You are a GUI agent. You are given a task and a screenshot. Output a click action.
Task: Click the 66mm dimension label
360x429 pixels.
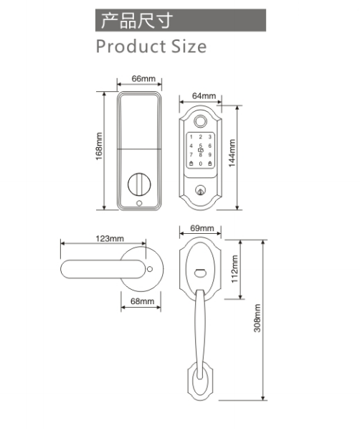click(x=143, y=78)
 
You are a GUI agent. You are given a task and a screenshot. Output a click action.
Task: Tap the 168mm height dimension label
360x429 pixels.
click(x=99, y=146)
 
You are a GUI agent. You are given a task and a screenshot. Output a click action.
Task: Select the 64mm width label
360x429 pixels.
click(x=204, y=95)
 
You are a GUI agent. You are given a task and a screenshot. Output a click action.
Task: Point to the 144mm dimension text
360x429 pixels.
click(x=232, y=154)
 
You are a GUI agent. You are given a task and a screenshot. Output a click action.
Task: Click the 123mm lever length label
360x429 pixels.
click(x=110, y=239)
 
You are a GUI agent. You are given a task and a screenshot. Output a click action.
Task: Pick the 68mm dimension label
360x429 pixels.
click(x=142, y=301)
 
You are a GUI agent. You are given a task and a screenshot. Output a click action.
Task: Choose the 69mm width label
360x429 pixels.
click(x=202, y=228)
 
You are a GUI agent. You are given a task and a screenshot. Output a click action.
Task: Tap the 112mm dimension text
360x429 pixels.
click(x=235, y=269)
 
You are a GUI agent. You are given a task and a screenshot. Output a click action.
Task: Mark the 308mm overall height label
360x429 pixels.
click(x=257, y=319)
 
